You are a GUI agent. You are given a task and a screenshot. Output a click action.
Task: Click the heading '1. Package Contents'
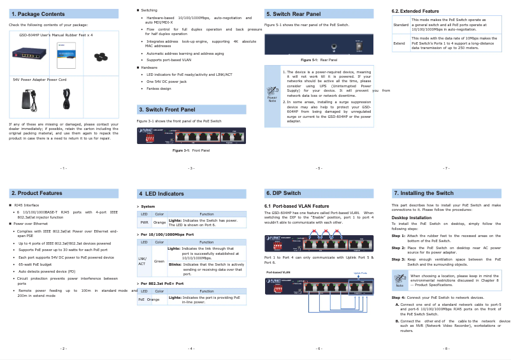(x=38, y=13)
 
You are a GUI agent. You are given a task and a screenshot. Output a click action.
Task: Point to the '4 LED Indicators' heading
(x=162, y=192)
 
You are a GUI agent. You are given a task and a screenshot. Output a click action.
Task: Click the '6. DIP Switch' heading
(x=283, y=192)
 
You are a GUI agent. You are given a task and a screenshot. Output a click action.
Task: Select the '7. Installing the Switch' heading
(x=423, y=192)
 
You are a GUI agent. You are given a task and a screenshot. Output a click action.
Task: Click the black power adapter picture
(x=29, y=97)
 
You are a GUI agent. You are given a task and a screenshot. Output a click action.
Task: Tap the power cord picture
(x=66, y=97)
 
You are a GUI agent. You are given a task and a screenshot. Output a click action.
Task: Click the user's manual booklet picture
(x=66, y=55)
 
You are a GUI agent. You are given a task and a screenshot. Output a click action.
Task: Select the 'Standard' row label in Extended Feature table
(x=401, y=25)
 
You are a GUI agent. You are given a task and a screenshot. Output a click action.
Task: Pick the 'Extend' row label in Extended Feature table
(x=399, y=43)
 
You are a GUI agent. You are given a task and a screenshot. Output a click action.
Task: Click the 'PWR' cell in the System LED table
(x=144, y=222)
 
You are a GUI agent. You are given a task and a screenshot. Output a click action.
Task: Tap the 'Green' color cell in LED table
(x=159, y=261)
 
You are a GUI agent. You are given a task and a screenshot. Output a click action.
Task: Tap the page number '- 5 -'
(x=319, y=168)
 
